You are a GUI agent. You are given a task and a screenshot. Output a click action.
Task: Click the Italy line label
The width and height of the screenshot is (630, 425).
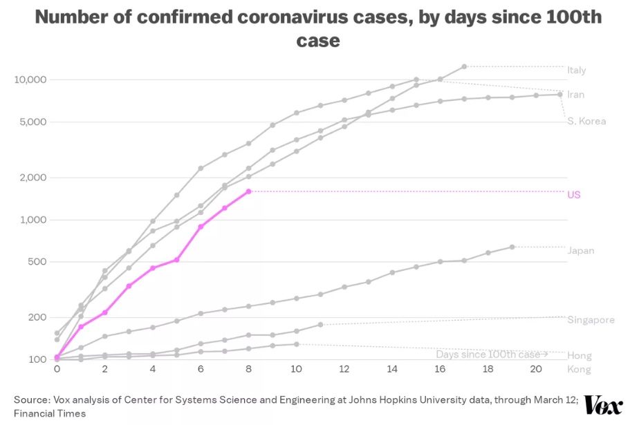pos(576,70)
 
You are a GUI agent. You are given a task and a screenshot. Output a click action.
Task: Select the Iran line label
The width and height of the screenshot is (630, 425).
pos(575,95)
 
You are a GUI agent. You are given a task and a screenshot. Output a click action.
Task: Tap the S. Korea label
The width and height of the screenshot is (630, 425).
pos(586,122)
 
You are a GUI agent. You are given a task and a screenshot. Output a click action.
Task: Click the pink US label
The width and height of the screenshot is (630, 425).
pos(573,195)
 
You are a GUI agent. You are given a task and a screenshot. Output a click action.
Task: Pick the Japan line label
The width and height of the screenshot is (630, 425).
pos(580,251)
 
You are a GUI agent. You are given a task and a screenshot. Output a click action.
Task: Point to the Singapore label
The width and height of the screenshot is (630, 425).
pos(591,320)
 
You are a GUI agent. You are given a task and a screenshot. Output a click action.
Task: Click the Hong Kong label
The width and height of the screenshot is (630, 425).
pos(580,362)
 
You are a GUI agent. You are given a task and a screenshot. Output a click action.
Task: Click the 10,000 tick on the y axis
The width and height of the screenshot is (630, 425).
pos(30,79)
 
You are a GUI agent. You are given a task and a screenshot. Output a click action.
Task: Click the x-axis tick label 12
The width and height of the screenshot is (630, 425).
pos(344,370)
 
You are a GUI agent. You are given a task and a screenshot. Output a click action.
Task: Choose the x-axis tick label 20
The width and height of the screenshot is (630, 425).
pos(536,370)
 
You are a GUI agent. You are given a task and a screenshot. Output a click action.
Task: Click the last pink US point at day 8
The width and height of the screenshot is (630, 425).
pos(248,191)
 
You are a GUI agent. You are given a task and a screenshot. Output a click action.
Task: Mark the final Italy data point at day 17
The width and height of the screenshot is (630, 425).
pos(464,66)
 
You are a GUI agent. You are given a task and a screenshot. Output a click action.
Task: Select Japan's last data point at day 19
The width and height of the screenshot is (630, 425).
pos(512,247)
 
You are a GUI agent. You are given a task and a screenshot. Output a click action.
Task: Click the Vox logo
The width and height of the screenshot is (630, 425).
pos(602,405)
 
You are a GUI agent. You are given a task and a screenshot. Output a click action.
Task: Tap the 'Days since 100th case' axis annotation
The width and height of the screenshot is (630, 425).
pos(492,355)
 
